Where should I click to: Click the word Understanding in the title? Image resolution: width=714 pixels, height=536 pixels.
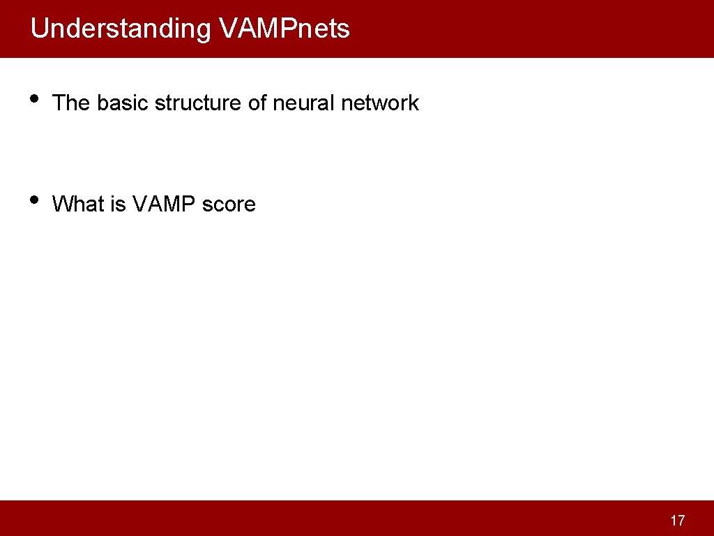point(120,29)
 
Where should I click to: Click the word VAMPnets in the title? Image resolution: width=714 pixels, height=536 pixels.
point(284,29)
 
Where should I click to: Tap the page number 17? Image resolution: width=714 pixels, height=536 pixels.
point(677,520)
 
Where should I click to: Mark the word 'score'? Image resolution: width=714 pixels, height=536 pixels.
point(229,204)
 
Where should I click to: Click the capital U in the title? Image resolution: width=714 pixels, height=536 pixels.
point(38,29)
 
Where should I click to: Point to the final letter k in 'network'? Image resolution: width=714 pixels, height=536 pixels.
point(413,103)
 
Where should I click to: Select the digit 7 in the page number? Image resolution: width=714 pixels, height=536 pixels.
point(681,520)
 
